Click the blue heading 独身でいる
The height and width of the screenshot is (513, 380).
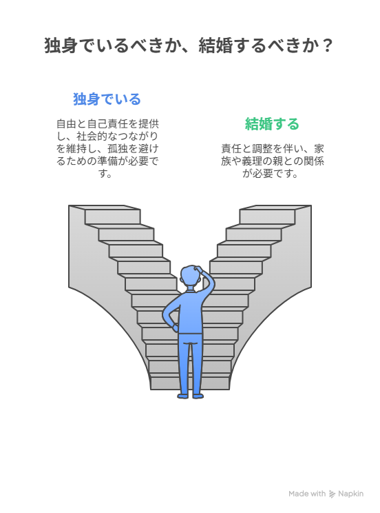pos(107,99)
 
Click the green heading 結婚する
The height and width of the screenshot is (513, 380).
pos(272,124)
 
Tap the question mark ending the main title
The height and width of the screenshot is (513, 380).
pos(326,46)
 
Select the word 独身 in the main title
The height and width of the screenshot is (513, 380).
pos(61,46)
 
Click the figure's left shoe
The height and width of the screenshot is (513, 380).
pos(183,396)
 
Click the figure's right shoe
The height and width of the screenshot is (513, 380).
pos(198,396)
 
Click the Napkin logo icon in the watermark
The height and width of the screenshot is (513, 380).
pos(332,494)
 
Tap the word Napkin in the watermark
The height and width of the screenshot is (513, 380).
pos(350,494)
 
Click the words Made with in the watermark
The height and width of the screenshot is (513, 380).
pos(307,494)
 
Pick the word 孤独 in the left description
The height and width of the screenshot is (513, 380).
pos(118,148)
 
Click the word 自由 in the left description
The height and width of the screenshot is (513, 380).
pos(66,123)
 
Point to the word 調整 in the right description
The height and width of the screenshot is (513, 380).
pos(262,148)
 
